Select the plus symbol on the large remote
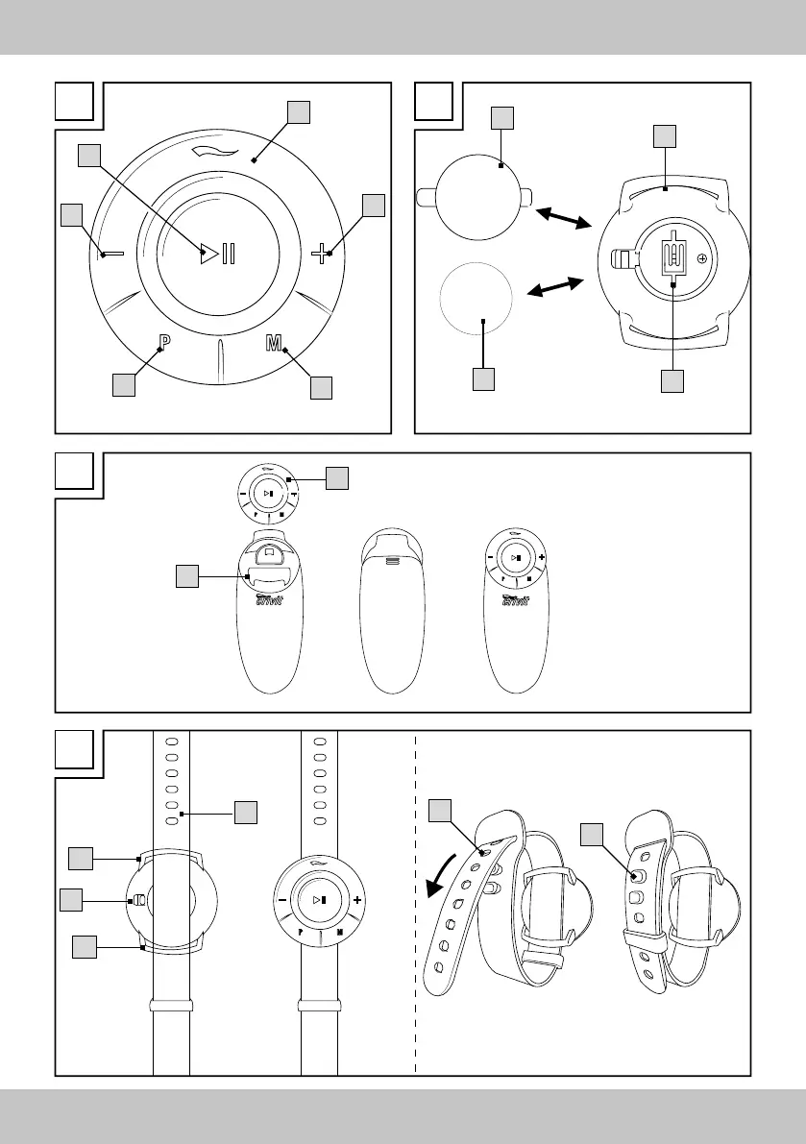point(323,254)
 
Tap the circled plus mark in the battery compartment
point(701,258)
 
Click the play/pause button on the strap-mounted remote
point(319,899)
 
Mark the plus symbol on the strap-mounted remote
point(357,900)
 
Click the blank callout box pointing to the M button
point(321,387)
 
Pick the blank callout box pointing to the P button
point(123,385)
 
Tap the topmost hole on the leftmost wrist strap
point(172,742)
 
